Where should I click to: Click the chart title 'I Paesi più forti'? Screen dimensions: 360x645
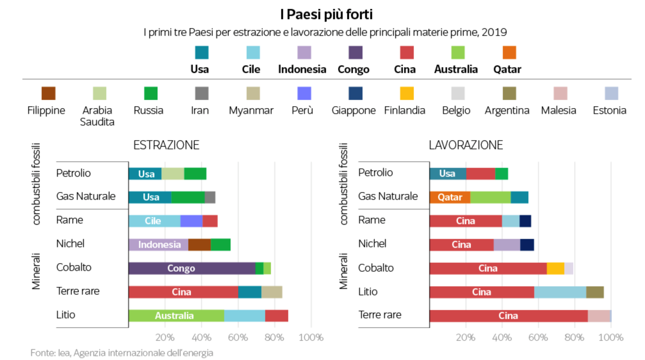click(326, 14)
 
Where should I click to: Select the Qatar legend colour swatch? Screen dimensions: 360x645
click(509, 53)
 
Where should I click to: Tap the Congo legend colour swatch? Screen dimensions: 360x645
click(355, 53)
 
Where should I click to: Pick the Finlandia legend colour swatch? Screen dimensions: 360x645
click(406, 93)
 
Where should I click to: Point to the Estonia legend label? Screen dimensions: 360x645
click(609, 110)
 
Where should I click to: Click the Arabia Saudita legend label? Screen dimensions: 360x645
click(97, 116)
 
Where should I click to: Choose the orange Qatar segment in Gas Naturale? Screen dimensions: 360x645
click(450, 197)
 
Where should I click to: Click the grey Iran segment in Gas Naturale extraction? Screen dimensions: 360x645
click(210, 197)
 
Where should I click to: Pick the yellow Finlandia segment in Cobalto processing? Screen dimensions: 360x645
click(555, 268)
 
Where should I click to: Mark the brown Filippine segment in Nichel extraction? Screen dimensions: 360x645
click(199, 245)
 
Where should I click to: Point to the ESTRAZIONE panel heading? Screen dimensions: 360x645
click(166, 145)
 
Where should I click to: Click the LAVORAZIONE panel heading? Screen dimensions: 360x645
click(466, 145)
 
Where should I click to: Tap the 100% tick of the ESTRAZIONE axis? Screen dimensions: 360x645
click(311, 337)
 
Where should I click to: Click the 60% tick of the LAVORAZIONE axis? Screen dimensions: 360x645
click(538, 337)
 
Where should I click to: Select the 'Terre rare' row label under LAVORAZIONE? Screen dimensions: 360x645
click(380, 315)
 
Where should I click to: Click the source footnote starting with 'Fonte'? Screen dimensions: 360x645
click(122, 353)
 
